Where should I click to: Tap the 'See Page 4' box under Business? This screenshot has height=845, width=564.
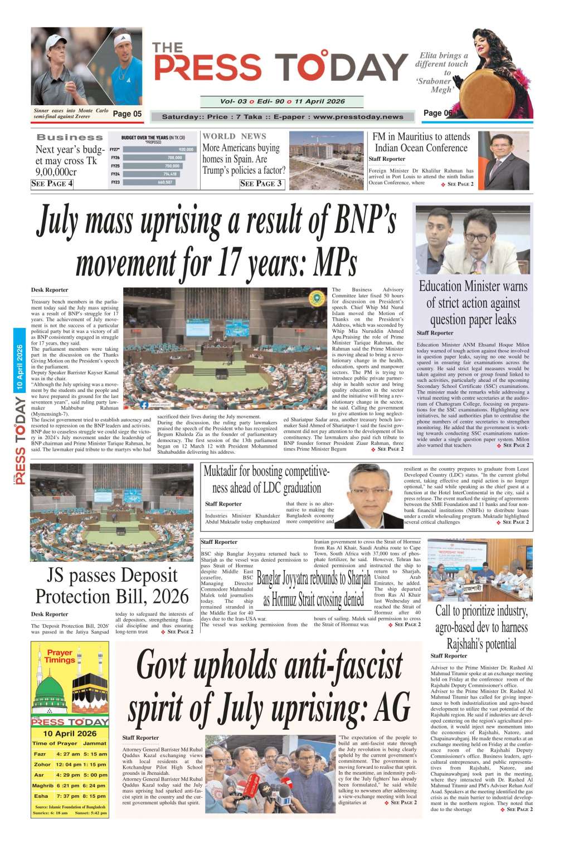pyautogui.click(x=52, y=184)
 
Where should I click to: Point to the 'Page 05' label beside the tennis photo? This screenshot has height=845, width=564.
pyautogui.click(x=127, y=114)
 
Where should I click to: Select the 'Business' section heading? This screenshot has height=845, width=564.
pyautogui.click(x=70, y=137)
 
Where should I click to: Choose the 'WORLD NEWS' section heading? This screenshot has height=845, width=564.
pyautogui.click(x=234, y=136)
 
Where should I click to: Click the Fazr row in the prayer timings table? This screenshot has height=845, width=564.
pyautogui.click(x=70, y=754)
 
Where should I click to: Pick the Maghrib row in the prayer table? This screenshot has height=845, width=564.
pyautogui.click(x=70, y=785)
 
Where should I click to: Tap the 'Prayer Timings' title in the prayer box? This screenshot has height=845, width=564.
pyautogui.click(x=60, y=656)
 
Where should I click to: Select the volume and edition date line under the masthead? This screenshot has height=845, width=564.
pyautogui.click(x=282, y=102)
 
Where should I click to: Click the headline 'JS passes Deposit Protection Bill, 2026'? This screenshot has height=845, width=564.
pyautogui.click(x=112, y=586)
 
